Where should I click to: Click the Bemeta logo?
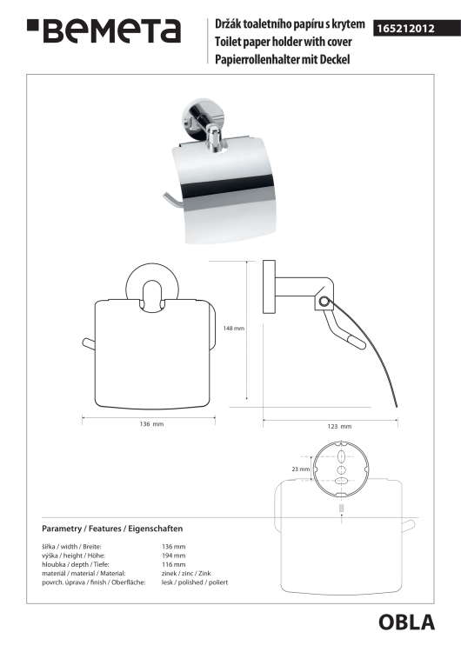[104, 30]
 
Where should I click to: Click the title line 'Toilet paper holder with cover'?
[283, 42]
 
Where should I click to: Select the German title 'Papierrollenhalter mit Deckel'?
[282, 59]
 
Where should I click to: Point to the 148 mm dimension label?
[233, 329]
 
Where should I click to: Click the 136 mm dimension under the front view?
[151, 424]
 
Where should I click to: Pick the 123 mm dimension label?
[339, 426]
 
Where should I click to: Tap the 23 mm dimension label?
[300, 469]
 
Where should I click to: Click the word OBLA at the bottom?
[406, 622]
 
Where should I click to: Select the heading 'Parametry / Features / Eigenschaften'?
[112, 529]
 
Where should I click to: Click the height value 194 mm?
[173, 556]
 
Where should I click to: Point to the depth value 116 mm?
[173, 565]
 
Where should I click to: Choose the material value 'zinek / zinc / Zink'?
[186, 574]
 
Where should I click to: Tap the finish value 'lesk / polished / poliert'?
[195, 582]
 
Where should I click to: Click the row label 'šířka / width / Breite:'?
[71, 547]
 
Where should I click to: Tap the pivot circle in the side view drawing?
[323, 301]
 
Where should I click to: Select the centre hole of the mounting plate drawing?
[341, 470]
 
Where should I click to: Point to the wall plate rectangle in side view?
[269, 287]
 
